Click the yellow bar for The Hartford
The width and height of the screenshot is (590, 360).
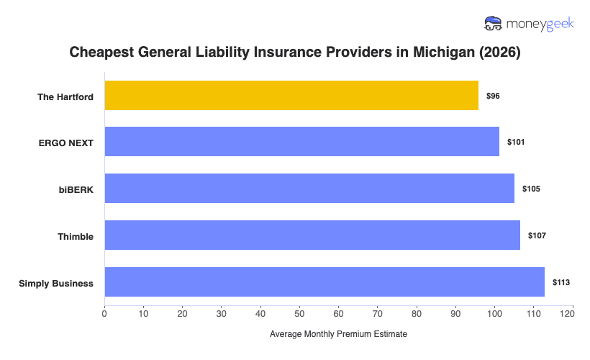point(291,95)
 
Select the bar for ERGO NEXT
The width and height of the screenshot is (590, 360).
point(301,142)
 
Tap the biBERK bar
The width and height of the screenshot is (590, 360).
point(309,189)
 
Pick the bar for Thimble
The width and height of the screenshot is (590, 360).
point(312,235)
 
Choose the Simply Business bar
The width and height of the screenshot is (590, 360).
point(324,282)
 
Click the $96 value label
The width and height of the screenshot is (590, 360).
point(493,96)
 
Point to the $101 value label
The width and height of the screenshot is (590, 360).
point(516,143)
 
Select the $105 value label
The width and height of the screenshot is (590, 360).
point(531,189)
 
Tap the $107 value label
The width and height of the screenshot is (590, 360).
point(537,236)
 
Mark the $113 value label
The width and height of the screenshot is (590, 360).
point(561,283)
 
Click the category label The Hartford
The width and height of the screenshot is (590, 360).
point(65,96)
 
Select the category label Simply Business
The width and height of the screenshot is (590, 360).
point(56,284)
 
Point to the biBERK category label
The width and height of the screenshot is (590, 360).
point(76,190)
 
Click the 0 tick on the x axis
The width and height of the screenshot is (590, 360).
point(105,313)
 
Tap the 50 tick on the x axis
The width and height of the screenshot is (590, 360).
point(299,313)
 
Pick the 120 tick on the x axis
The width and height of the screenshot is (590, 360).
point(572,313)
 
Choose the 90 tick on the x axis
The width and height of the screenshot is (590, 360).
point(455,313)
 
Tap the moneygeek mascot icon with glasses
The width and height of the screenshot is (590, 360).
point(494,24)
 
